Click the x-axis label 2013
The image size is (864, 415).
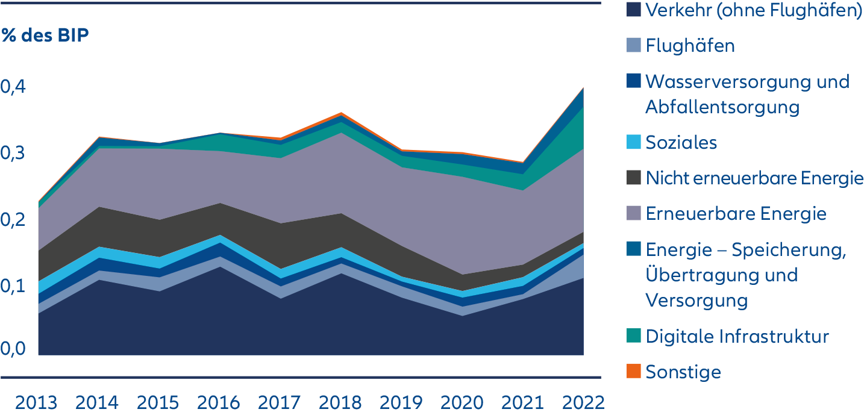[37, 402]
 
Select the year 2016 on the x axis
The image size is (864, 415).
[219, 402]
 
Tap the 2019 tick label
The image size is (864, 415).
[401, 402]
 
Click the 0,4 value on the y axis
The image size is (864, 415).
[14, 87]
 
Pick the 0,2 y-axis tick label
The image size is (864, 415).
[14, 220]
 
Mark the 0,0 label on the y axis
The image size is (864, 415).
[14, 349]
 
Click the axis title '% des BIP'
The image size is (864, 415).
[45, 36]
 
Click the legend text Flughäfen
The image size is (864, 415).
[690, 45]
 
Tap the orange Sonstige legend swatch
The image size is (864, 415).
[633, 371]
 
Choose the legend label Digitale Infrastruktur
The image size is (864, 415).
[737, 335]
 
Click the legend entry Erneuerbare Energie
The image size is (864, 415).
[736, 213]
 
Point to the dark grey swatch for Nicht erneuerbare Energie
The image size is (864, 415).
[633, 178]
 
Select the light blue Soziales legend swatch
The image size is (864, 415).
[633, 142]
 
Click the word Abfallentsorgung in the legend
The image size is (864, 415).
[722, 107]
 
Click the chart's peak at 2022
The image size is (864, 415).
[583, 88]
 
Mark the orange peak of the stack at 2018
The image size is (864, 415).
[341, 113]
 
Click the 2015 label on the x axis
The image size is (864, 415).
[158, 402]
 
